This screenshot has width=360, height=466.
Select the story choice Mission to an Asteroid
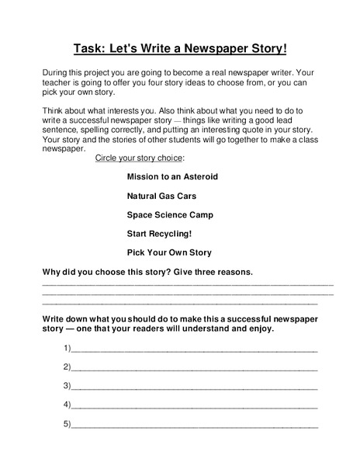pos(172,177)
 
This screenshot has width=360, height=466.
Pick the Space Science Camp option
pos(170,214)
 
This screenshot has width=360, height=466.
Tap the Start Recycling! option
pos(159,233)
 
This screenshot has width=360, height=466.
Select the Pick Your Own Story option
pos(169,252)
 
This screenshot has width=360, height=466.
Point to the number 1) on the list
pos(67,347)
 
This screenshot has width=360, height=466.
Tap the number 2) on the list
pos(67,366)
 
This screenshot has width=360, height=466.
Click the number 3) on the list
pos(67,385)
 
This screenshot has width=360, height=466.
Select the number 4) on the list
pos(67,404)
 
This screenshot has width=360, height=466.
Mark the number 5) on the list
pos(67,423)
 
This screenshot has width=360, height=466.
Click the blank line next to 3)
pos(194,387)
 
